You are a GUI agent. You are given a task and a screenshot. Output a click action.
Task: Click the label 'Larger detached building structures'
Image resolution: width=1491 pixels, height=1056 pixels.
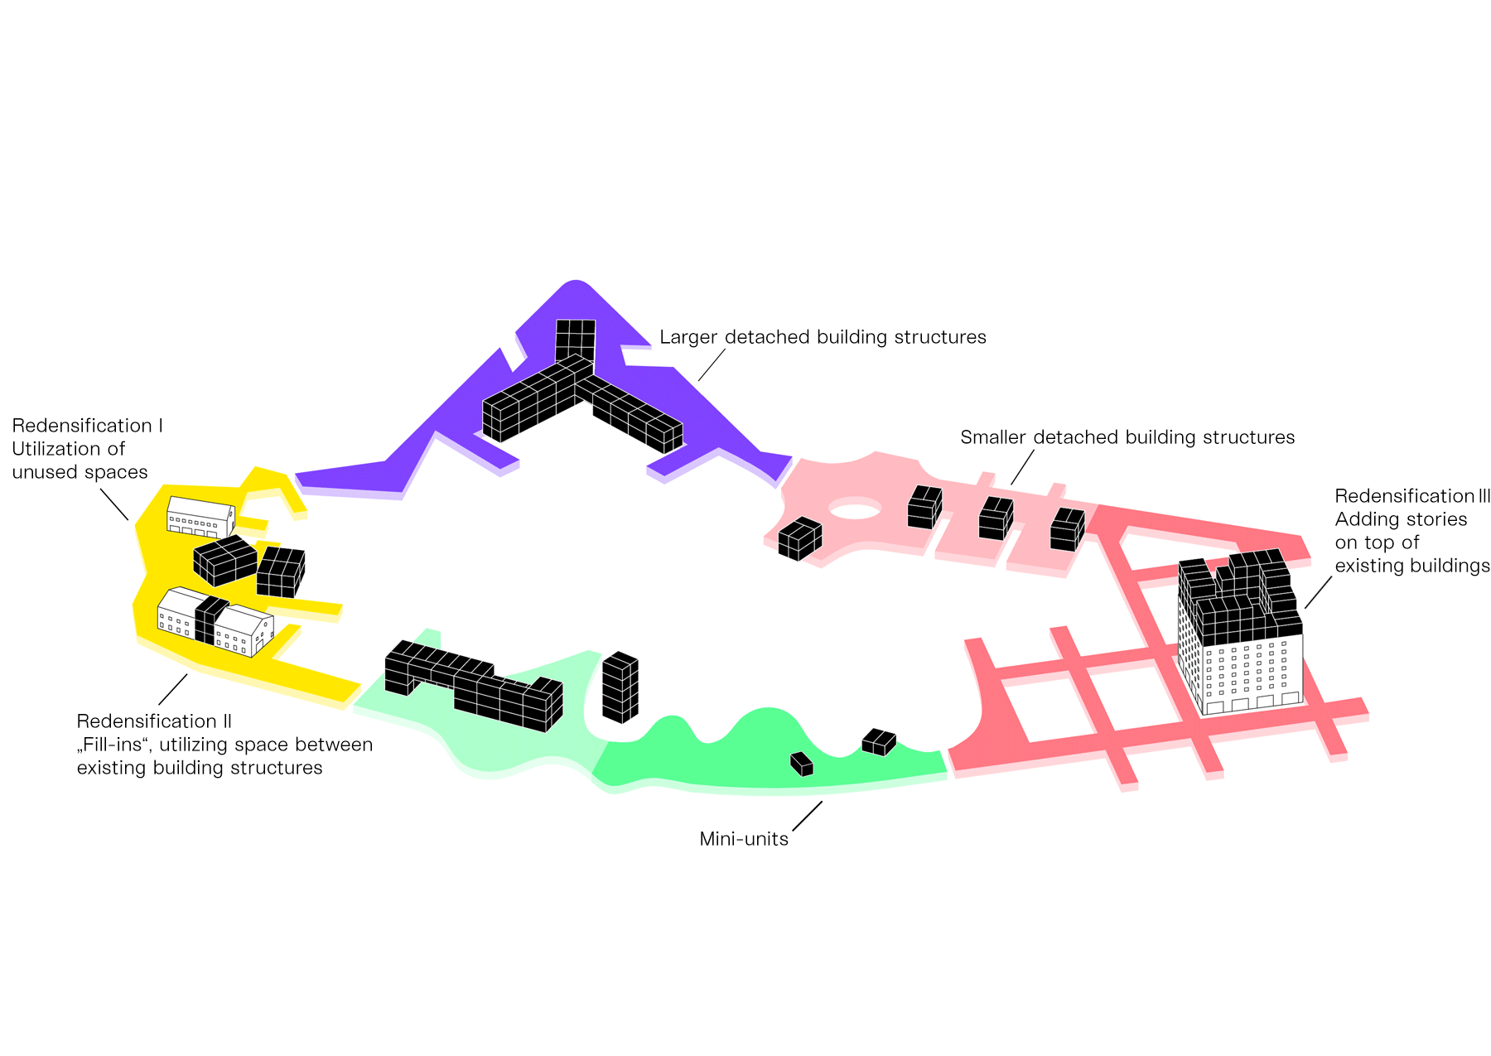(x=823, y=337)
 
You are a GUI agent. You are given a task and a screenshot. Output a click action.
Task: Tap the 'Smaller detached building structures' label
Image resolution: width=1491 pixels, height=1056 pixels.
(x=1127, y=437)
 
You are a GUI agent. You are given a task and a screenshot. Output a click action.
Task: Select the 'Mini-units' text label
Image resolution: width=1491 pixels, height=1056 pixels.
(x=743, y=839)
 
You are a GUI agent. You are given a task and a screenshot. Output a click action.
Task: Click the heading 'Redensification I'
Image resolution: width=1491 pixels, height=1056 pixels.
(x=87, y=426)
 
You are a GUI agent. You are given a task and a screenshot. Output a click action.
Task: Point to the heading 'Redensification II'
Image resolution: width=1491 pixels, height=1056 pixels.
(x=154, y=721)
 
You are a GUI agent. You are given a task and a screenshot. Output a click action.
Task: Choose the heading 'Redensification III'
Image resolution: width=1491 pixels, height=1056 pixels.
(x=1411, y=496)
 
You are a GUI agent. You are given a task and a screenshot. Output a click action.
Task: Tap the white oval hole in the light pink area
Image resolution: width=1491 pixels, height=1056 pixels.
(x=855, y=508)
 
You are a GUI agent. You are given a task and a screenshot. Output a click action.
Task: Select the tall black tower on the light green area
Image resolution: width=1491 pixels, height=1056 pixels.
(x=620, y=687)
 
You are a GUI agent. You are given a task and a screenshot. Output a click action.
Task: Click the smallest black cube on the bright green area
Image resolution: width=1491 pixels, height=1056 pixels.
(x=801, y=764)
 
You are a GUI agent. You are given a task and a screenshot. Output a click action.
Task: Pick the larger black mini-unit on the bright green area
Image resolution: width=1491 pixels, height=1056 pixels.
(x=879, y=741)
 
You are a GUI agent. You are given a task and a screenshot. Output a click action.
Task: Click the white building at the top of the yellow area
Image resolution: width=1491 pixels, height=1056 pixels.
(x=200, y=517)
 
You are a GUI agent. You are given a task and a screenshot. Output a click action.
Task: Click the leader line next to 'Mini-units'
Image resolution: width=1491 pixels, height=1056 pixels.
(x=808, y=816)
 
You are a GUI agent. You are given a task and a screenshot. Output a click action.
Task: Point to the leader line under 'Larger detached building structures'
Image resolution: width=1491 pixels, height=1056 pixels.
(x=712, y=364)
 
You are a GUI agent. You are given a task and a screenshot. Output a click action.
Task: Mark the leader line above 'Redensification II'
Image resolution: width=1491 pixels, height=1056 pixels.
(x=172, y=689)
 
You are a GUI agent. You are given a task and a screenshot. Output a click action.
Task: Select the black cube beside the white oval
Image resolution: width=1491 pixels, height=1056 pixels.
(x=799, y=538)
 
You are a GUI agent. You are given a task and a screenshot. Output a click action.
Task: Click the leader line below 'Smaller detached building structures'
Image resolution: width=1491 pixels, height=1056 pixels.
(x=1022, y=467)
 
